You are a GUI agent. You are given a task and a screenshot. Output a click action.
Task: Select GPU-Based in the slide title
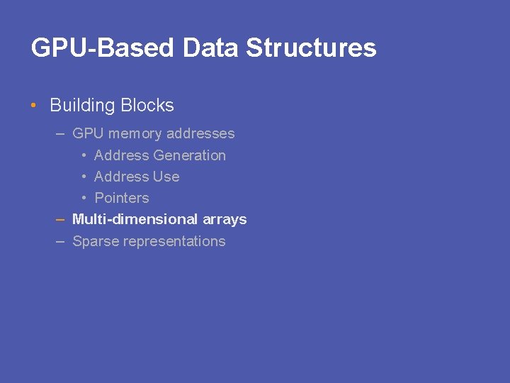point(103,48)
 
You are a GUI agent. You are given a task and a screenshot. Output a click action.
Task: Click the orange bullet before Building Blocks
point(34,106)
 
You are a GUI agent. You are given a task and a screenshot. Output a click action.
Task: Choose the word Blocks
point(147,106)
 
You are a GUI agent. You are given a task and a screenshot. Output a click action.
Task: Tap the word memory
point(135,133)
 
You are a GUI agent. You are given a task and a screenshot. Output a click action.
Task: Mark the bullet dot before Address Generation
point(84,155)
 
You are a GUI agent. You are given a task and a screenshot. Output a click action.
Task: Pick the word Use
point(166,177)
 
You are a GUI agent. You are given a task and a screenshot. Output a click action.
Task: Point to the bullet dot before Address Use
point(84,177)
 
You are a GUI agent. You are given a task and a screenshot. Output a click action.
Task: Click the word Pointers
point(121,198)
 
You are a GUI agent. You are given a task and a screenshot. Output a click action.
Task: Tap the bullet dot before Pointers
point(84,198)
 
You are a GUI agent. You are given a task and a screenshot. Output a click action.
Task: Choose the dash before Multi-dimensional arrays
point(60,219)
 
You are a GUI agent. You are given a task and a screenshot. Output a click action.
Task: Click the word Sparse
point(96,241)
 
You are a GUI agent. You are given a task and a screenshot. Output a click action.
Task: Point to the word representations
point(174,241)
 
